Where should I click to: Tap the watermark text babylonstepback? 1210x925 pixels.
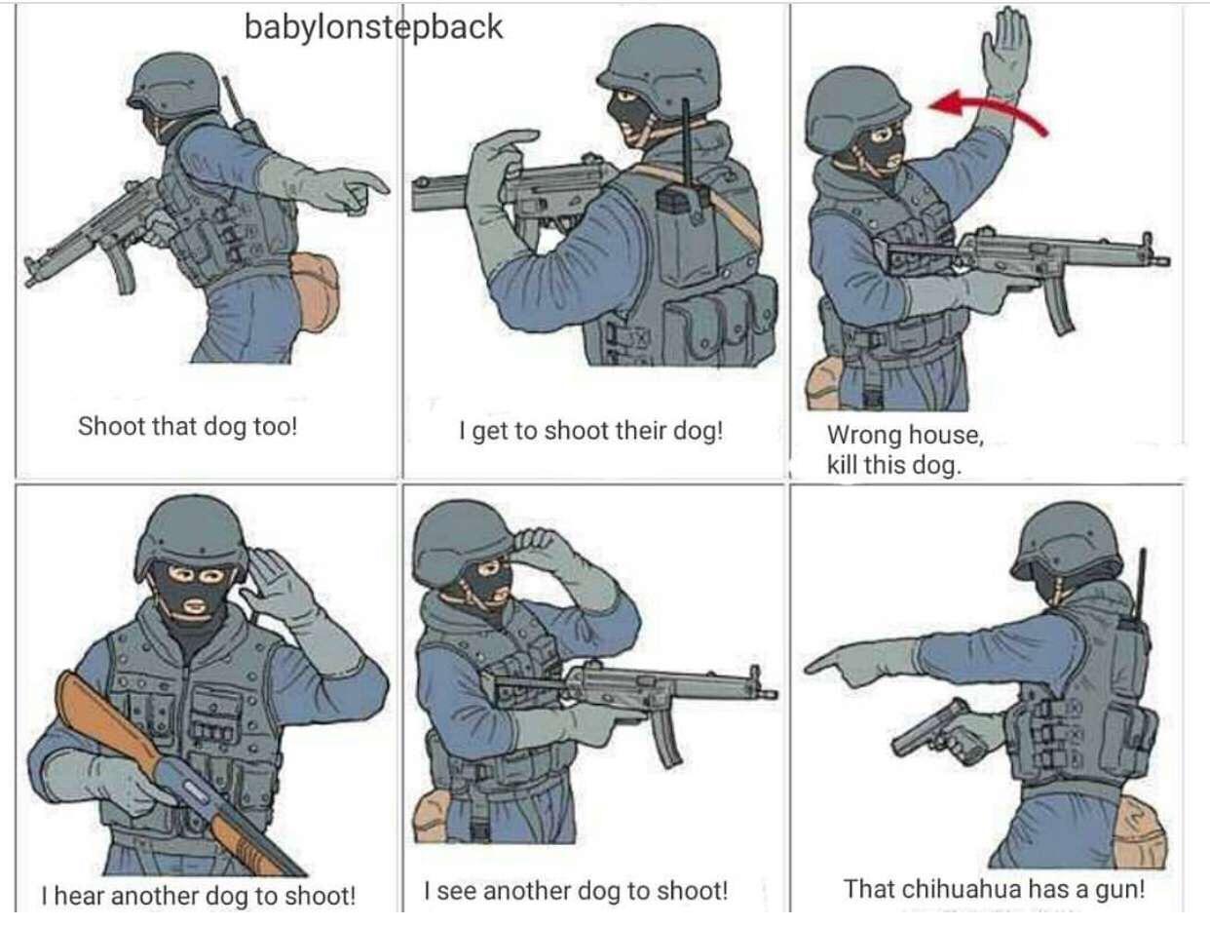click(x=373, y=27)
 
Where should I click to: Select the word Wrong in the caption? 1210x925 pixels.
click(x=864, y=435)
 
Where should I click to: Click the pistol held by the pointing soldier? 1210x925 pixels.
click(x=937, y=731)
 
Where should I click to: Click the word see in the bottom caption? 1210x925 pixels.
click(x=457, y=891)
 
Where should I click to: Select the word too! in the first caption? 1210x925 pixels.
click(x=275, y=426)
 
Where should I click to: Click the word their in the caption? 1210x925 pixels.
click(x=642, y=431)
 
